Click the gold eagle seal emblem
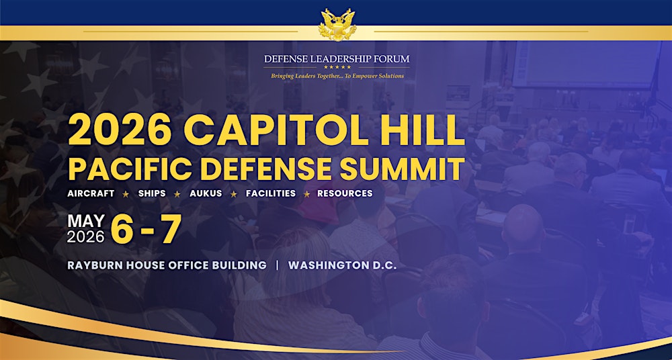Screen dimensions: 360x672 (336, 26)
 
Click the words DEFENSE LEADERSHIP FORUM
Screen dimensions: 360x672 (336, 59)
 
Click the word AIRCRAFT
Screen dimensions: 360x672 (91, 193)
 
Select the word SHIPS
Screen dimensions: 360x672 (152, 193)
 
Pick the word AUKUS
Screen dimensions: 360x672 (205, 193)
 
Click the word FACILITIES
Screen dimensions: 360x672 (270, 193)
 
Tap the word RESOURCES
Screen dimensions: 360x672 (345, 193)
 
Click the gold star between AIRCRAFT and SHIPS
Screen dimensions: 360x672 (126, 194)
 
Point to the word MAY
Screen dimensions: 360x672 (85, 221)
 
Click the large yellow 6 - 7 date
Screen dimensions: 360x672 (146, 230)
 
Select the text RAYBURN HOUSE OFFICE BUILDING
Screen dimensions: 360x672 (167, 265)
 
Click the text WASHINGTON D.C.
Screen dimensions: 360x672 (343, 265)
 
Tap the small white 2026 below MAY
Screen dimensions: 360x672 (85, 236)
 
